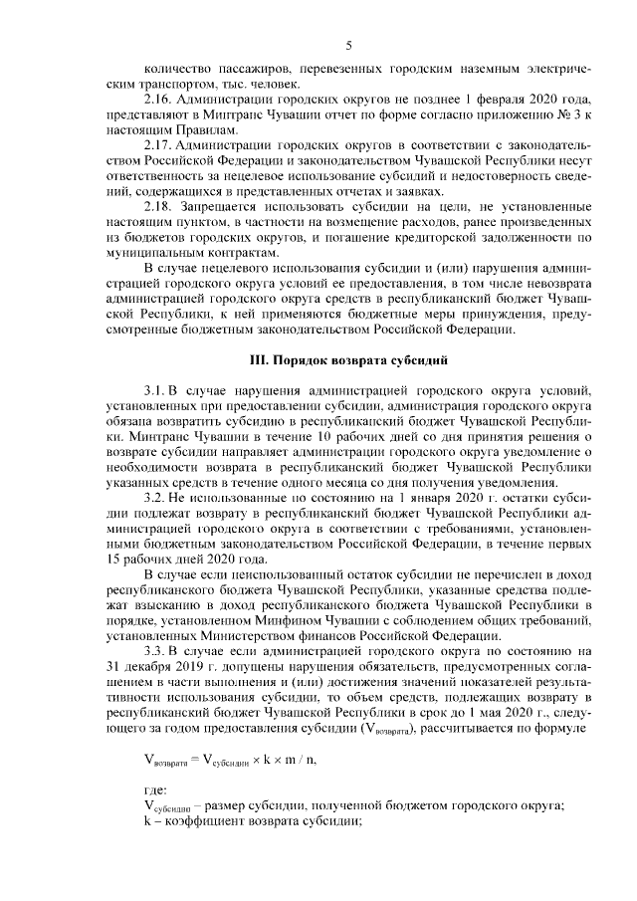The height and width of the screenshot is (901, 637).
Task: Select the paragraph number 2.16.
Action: point(160,103)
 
